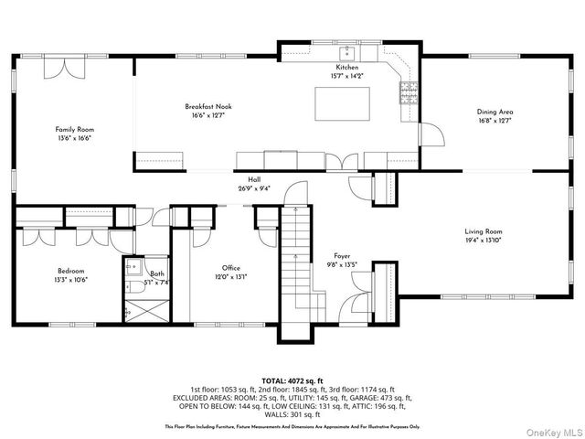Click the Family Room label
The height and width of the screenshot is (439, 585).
coord(74,130)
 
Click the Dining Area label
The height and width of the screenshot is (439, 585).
coord(495,112)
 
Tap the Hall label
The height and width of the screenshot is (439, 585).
coord(253,180)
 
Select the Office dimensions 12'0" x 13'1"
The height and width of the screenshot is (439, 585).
coord(230,277)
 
